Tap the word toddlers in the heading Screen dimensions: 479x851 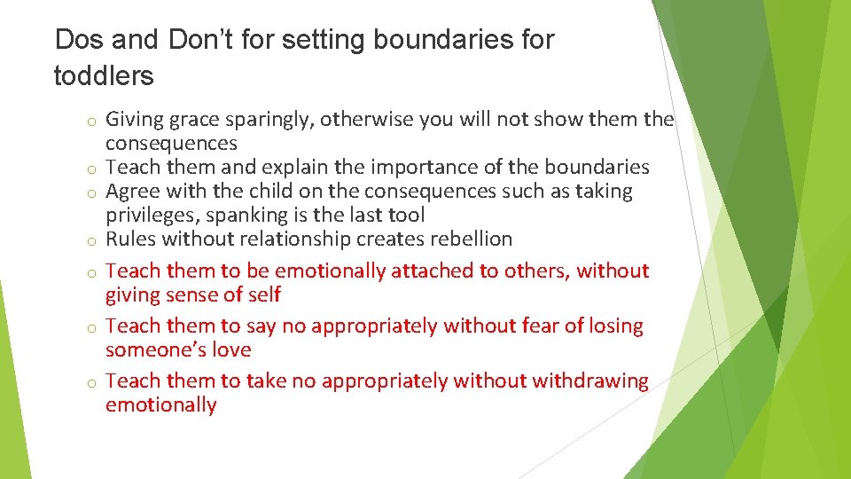coord(104,76)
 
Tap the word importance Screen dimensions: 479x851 coord(469,168)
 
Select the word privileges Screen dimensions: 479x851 coord(152,216)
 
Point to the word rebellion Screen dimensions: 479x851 coord(468,239)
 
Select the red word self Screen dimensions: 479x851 coord(264,294)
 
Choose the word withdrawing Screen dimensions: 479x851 coord(589,381)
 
